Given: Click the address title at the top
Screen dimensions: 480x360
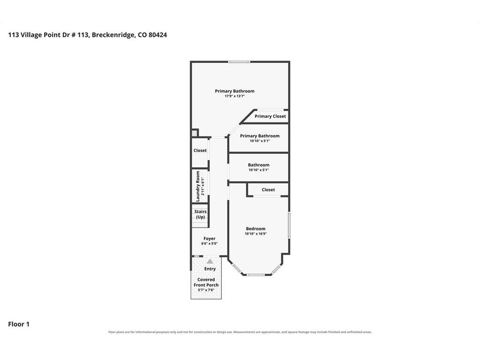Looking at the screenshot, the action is (88, 35).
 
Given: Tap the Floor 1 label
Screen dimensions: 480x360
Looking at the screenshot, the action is (19, 324).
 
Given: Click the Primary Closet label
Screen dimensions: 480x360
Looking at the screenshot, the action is (270, 116).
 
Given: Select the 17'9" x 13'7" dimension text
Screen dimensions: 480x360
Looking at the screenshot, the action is (235, 96).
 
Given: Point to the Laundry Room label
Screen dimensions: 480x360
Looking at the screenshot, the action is (198, 186).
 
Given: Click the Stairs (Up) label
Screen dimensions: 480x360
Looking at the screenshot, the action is (201, 214).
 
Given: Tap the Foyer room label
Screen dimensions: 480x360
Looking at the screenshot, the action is (210, 239).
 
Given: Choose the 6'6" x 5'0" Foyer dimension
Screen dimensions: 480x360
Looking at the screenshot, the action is (210, 244).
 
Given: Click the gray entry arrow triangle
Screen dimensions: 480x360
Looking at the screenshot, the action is (210, 262).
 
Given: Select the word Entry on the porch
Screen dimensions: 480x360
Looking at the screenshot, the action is (210, 269).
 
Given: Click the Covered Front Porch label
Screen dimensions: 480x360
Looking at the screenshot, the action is (206, 282).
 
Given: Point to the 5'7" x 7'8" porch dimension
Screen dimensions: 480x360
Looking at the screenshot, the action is (206, 290).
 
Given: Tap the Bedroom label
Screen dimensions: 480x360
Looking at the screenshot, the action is (255, 229).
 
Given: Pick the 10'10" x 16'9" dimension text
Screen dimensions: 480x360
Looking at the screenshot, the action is (255, 234).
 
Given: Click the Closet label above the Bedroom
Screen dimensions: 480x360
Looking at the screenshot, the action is (268, 190).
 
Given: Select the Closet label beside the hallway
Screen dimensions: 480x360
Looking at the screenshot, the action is (200, 150).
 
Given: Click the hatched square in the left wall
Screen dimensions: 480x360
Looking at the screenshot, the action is (194, 134).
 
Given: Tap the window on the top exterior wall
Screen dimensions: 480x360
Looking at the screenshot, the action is (239, 62).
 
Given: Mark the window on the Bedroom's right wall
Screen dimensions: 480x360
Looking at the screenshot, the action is (289, 225).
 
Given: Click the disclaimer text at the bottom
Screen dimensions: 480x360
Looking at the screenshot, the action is (240, 332).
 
